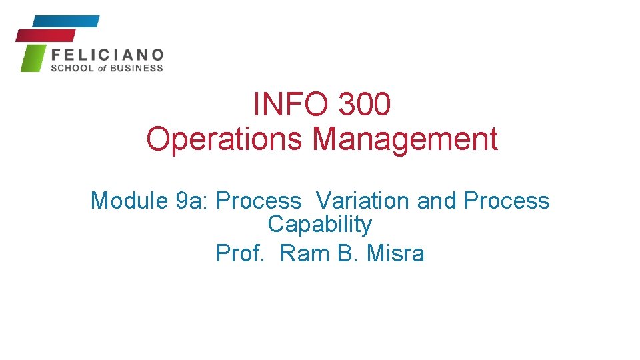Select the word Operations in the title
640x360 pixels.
(x=225, y=139)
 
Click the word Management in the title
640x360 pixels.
(x=405, y=139)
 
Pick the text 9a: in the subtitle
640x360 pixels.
(x=190, y=201)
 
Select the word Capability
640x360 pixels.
(x=319, y=225)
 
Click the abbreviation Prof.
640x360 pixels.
(x=240, y=253)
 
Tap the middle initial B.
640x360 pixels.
(x=348, y=253)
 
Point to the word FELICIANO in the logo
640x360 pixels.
(x=107, y=55)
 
